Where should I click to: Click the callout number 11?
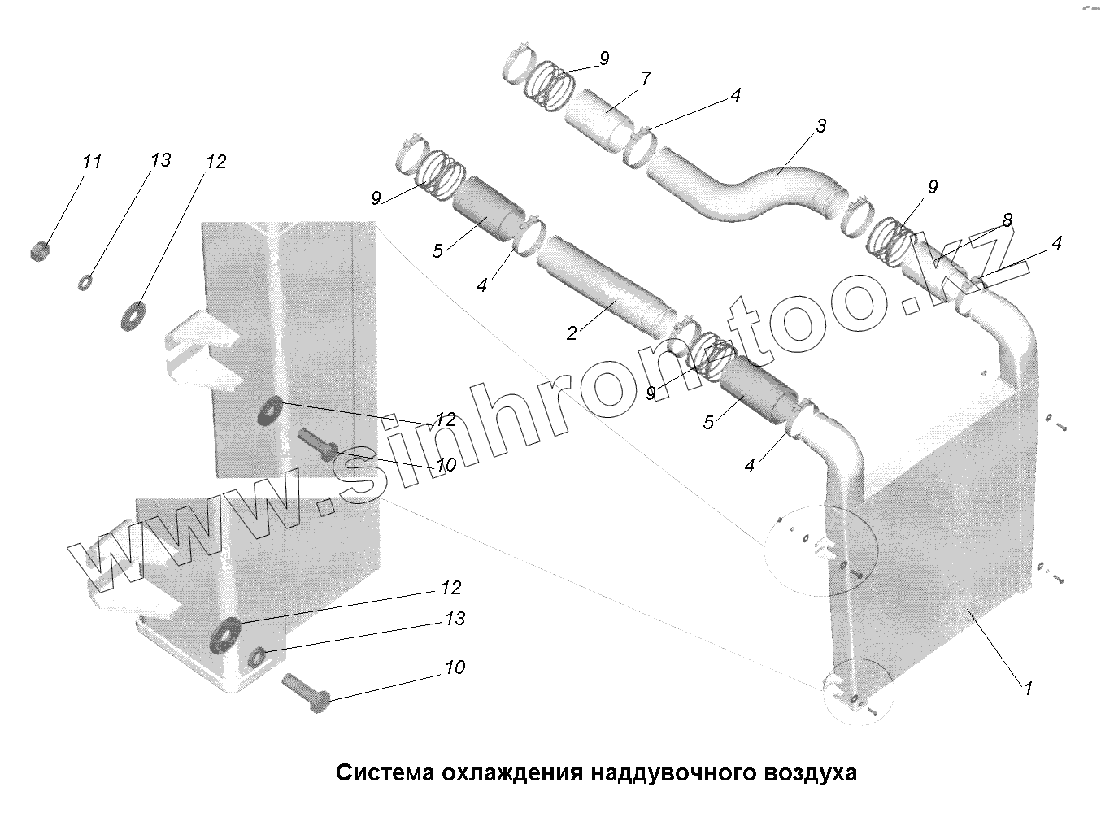pos(91,162)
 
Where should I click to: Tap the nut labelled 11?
pos(37,251)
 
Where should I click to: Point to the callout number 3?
pos(821,126)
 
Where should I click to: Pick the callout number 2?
pos(572,332)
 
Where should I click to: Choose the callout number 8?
pos(1007,220)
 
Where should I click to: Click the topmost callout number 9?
pos(603,58)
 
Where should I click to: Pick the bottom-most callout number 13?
pos(455,620)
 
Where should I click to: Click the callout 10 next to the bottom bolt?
pos(455,667)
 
